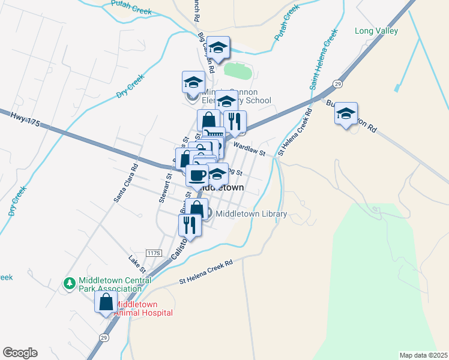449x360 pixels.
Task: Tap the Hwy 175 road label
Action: tap(25, 122)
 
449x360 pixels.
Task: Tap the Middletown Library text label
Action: tap(251, 214)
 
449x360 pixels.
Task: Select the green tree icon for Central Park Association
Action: tap(70, 282)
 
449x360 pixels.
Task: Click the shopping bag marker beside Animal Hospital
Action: tap(106, 302)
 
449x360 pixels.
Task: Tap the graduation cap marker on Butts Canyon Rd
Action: tap(346, 113)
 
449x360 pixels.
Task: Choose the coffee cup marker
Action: tap(197, 175)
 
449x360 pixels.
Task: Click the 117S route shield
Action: tap(154, 254)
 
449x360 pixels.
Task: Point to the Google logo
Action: tap(20, 353)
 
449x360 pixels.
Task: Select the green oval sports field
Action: tap(238, 71)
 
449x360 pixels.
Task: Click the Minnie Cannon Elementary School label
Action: tap(237, 96)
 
